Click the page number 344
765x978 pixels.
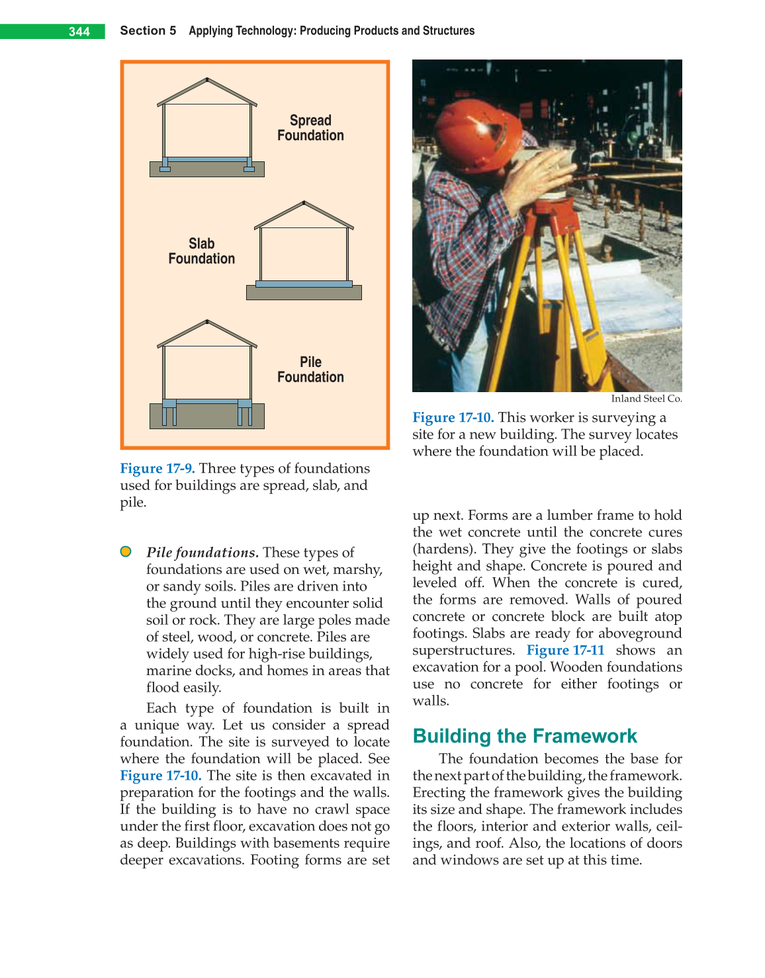(x=79, y=32)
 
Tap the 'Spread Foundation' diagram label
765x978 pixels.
(x=310, y=128)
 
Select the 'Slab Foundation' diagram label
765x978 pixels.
(x=201, y=251)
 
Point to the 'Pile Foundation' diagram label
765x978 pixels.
(x=310, y=370)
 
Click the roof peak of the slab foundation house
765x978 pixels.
(x=304, y=202)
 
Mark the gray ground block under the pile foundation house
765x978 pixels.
(x=206, y=417)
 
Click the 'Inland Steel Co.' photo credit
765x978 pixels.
(x=646, y=399)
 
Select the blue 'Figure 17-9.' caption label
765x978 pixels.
(x=157, y=469)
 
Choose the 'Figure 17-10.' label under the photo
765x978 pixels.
(x=453, y=418)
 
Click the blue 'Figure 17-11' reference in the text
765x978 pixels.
(x=565, y=651)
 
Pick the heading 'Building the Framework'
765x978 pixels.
(x=524, y=736)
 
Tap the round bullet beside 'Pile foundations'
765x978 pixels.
(x=126, y=551)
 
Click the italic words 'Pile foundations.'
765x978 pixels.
(x=202, y=553)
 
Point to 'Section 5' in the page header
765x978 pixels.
(x=148, y=31)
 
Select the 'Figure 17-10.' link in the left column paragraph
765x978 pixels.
(x=160, y=776)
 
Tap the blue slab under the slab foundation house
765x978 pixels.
(x=304, y=284)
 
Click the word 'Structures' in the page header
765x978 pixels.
(x=449, y=31)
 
